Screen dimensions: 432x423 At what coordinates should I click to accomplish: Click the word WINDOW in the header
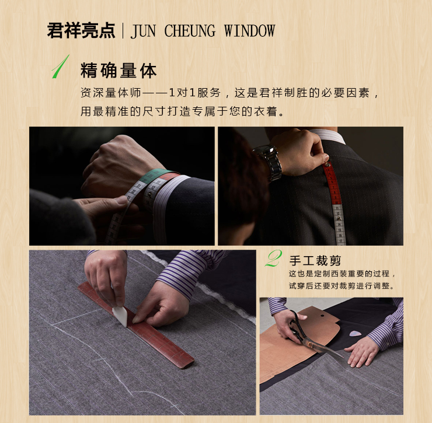click(x=249, y=30)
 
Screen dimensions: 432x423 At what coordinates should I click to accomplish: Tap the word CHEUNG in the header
click(x=190, y=30)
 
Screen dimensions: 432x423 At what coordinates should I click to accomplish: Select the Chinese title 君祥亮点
click(x=81, y=30)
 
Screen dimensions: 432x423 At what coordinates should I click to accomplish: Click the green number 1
click(x=61, y=67)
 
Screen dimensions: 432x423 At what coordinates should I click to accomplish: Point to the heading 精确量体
click(x=119, y=71)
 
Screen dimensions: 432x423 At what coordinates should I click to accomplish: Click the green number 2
click(x=273, y=258)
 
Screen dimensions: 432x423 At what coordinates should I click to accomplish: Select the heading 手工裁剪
click(x=315, y=261)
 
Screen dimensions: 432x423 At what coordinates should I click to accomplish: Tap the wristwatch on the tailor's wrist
click(x=269, y=162)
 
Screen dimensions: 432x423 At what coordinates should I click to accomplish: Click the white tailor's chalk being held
click(x=120, y=316)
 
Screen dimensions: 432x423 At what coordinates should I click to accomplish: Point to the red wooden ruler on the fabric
click(x=136, y=325)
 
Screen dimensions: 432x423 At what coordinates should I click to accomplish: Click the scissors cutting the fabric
click(x=311, y=336)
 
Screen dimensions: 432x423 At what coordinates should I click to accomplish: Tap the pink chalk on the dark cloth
click(x=355, y=334)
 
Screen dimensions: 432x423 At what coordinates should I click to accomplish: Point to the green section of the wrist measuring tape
click(x=152, y=175)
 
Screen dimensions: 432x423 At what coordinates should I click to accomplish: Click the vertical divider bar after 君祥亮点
click(x=123, y=30)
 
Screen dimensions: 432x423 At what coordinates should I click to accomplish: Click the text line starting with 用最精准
click(x=182, y=111)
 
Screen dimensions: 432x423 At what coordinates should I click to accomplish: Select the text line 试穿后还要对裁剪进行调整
click(x=342, y=286)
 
